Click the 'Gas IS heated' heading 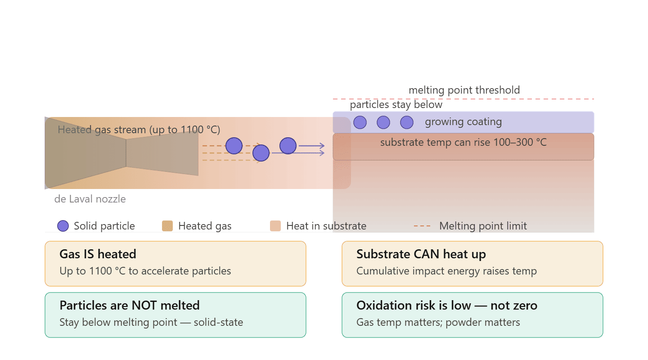98,254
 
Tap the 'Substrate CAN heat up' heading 421,254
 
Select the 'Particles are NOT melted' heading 130,305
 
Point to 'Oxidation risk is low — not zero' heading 447,305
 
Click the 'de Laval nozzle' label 90,199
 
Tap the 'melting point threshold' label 464,90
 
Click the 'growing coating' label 463,122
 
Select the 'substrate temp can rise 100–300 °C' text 463,142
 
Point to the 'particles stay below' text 396,104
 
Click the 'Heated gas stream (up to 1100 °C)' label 139,130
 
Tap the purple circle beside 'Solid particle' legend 63,226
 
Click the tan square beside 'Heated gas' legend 167,226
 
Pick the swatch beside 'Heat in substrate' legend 275,226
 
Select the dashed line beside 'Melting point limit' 422,226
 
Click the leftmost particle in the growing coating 360,122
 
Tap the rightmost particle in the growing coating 407,122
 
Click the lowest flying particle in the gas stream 261,153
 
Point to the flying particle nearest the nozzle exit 234,146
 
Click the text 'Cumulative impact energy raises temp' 446,271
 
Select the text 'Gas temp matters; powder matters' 438,322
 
